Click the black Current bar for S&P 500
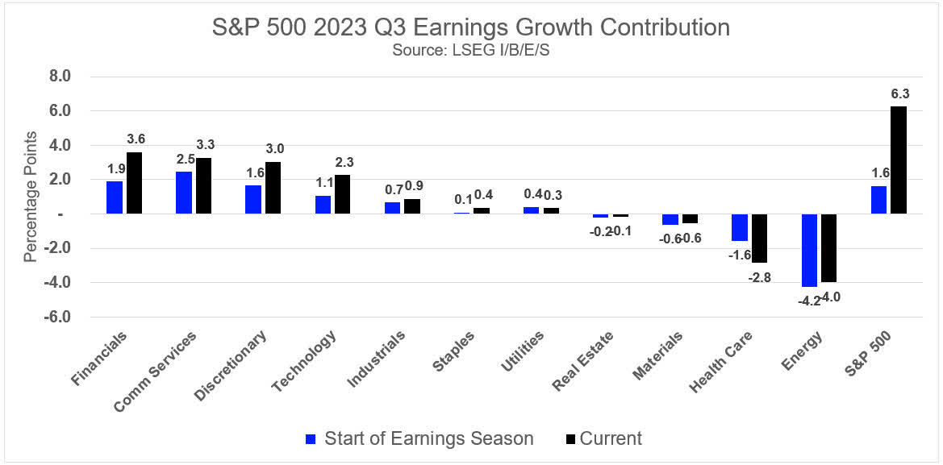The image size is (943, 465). click(898, 160)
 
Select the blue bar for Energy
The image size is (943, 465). click(808, 251)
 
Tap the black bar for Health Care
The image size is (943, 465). click(760, 239)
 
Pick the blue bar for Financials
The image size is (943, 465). click(114, 197)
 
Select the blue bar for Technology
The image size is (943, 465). click(323, 205)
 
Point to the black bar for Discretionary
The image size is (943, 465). click(273, 188)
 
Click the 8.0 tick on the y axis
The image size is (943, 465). click(61, 77)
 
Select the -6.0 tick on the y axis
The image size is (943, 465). click(59, 318)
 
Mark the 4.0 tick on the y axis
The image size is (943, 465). click(61, 146)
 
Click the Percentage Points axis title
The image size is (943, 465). click(30, 197)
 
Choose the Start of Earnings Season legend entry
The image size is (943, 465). click(419, 438)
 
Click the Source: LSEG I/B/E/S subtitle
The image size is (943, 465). click(471, 50)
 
